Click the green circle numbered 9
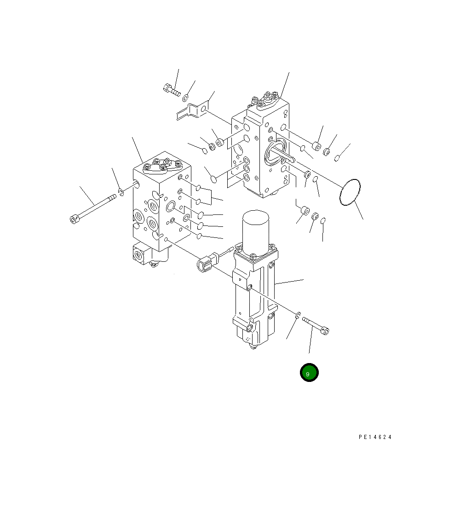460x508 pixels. (x=309, y=373)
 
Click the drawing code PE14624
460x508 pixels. (x=375, y=437)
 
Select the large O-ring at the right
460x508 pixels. (x=350, y=192)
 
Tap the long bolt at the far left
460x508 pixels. (x=93, y=209)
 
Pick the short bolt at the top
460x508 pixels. (x=172, y=90)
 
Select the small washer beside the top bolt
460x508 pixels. (x=185, y=98)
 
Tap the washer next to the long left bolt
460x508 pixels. (x=121, y=192)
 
